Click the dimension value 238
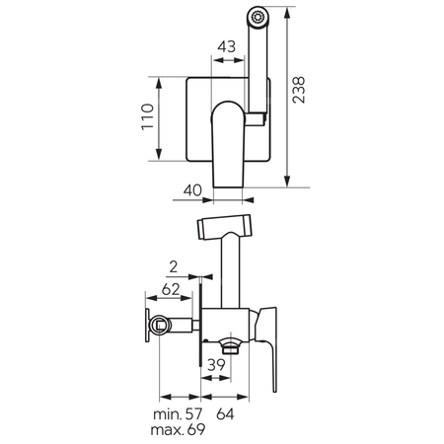click(x=299, y=90)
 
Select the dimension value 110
click(x=148, y=117)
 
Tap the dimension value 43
click(x=227, y=46)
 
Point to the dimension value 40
click(x=192, y=190)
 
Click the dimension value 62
click(x=171, y=289)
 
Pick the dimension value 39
click(x=216, y=365)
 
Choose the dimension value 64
click(x=225, y=414)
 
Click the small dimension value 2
click(x=174, y=267)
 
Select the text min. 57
click(x=178, y=414)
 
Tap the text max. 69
click(x=178, y=429)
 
